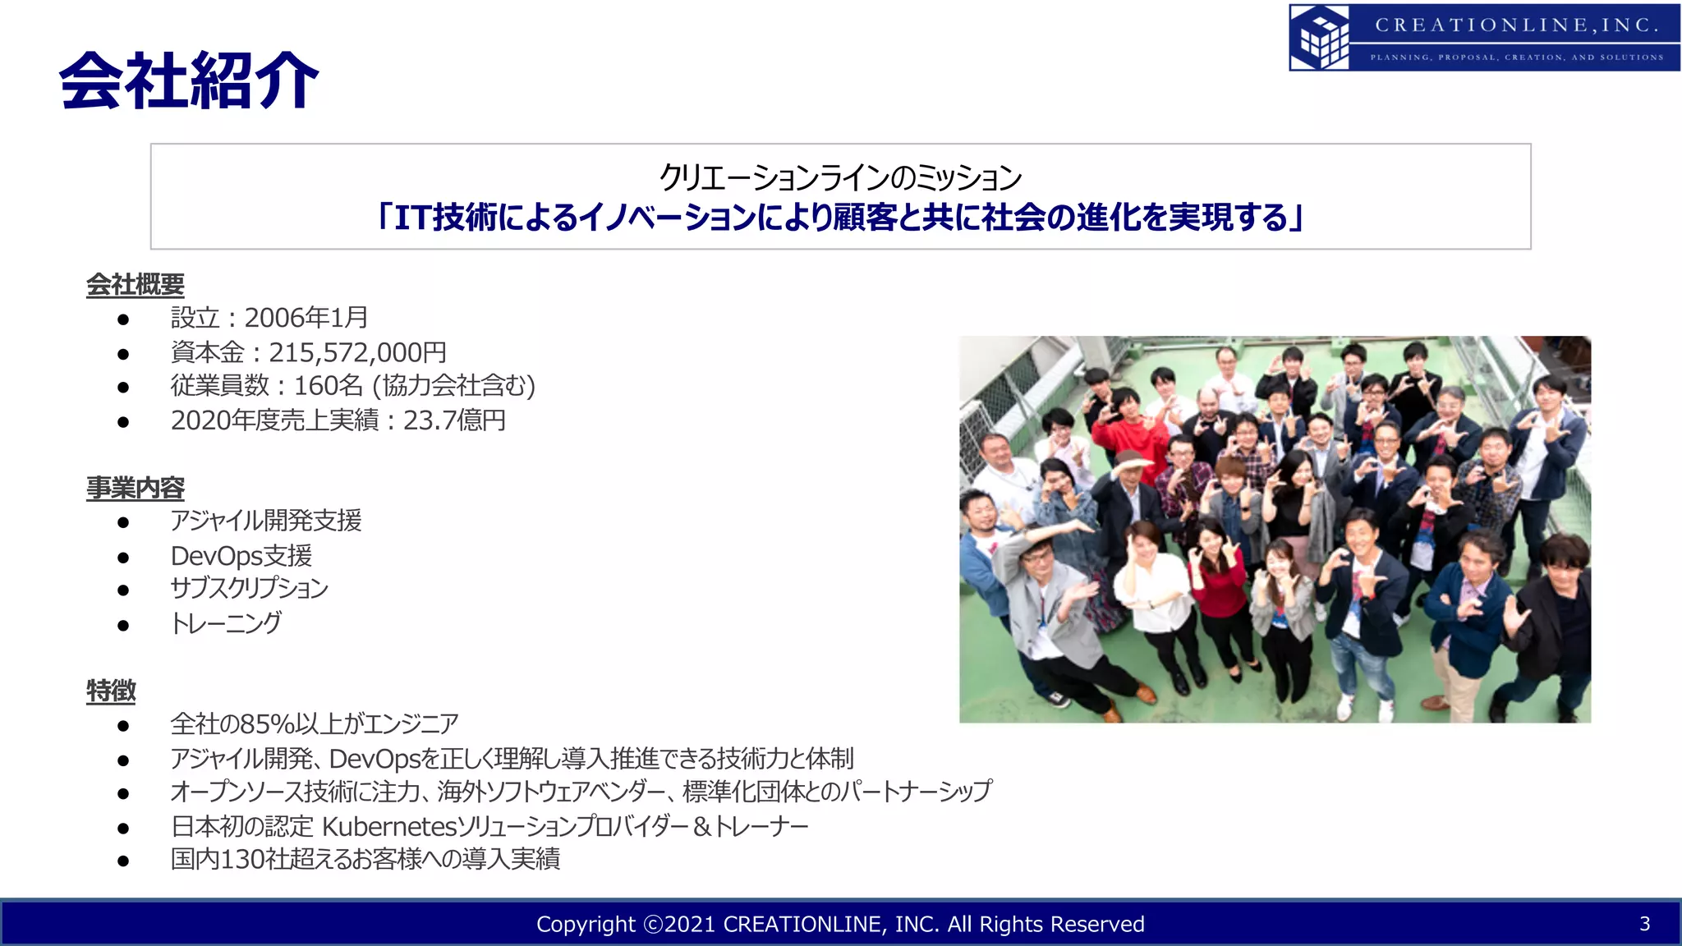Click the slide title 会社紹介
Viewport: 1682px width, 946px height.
(x=189, y=80)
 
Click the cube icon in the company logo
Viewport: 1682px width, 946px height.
(x=1320, y=38)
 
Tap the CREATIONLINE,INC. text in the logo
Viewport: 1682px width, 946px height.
(x=1516, y=25)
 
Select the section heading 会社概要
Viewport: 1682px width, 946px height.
(x=136, y=285)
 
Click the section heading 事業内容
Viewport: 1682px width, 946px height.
(x=136, y=488)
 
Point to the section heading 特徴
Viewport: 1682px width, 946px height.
(x=111, y=691)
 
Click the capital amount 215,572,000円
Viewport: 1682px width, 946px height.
(x=357, y=352)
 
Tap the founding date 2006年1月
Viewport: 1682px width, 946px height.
(x=306, y=318)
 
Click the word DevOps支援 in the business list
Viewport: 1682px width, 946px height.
(x=241, y=556)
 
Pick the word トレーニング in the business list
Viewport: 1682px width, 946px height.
(x=226, y=623)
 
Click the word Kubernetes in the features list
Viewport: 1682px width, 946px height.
(x=388, y=826)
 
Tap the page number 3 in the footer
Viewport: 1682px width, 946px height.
(x=1644, y=924)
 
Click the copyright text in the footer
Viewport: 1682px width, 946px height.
(x=839, y=925)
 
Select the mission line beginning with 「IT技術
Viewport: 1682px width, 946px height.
(x=839, y=218)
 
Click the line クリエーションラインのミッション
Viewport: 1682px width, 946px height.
(x=839, y=177)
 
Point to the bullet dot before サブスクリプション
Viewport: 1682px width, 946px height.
(x=123, y=590)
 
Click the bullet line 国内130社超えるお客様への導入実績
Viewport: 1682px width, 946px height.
(x=365, y=859)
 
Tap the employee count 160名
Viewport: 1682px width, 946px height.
(x=328, y=386)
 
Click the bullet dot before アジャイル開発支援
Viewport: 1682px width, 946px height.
(x=123, y=522)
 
